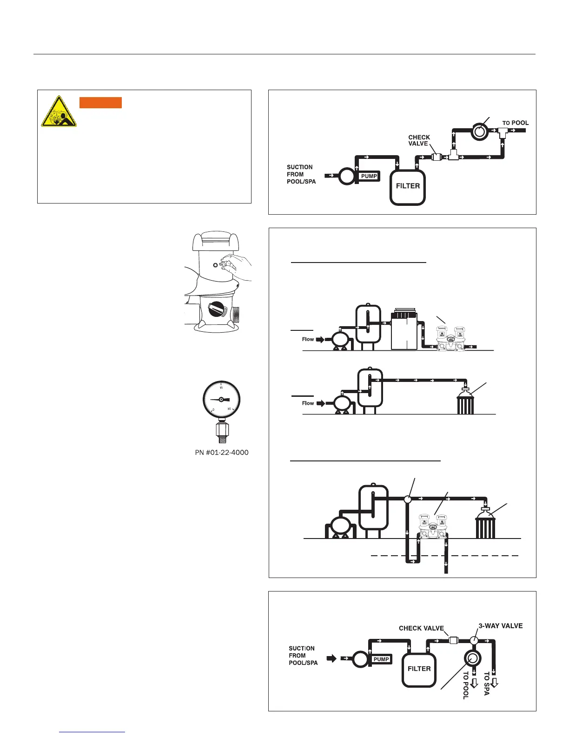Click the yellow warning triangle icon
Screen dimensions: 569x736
(59, 112)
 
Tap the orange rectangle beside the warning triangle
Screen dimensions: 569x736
(100, 103)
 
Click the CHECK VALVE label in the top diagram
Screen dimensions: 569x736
(419, 140)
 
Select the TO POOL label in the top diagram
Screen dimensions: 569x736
(516, 123)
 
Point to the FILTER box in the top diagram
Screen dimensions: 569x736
(408, 186)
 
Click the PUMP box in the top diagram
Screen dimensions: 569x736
(369, 176)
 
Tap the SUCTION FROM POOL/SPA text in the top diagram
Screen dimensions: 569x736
(301, 174)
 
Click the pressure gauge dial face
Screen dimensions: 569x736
(221, 400)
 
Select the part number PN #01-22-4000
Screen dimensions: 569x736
(222, 453)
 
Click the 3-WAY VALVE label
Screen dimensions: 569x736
(501, 626)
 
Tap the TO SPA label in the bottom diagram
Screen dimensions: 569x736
(487, 683)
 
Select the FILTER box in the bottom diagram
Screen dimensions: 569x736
(419, 669)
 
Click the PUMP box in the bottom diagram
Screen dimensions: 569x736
(381, 659)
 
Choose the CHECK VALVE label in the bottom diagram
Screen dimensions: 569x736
(421, 628)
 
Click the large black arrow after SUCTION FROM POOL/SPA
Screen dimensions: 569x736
(331, 658)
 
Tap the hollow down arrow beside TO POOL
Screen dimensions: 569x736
(474, 683)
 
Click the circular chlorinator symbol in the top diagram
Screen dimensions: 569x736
(478, 131)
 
